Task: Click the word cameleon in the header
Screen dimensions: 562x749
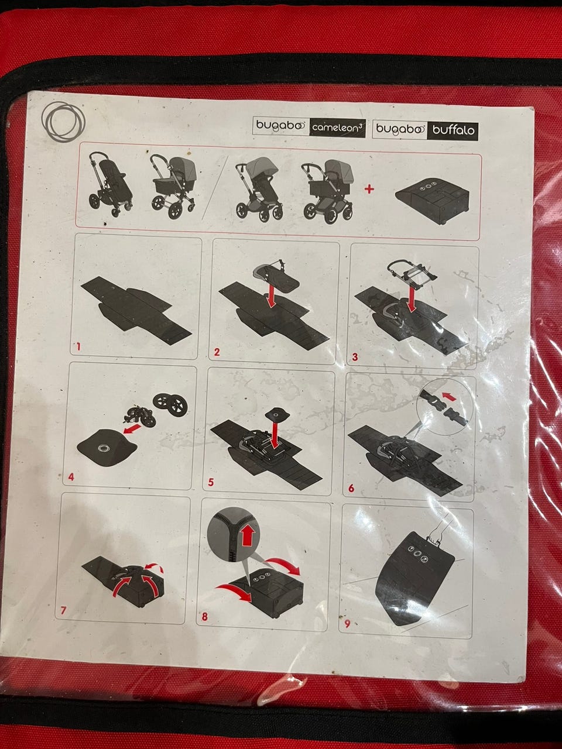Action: [333, 128]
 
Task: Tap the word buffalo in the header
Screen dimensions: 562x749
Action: [453, 130]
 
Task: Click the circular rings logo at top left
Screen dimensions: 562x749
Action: [63, 122]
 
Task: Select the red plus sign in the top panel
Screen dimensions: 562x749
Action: [369, 189]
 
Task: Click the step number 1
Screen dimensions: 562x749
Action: [78, 347]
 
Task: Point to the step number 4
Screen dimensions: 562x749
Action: [71, 476]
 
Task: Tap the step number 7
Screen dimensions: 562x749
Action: [63, 610]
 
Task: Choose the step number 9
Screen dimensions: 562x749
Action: [347, 623]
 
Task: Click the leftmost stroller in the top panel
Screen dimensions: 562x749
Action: [110, 184]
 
